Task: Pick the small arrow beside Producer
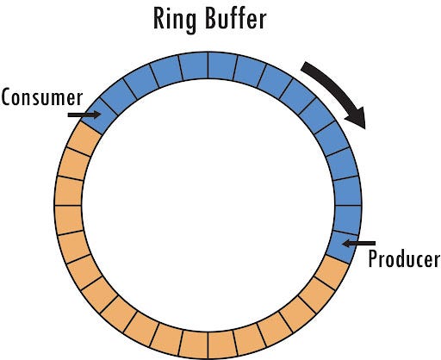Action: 357,245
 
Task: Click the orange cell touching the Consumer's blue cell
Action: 86,136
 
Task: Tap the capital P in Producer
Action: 373,259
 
